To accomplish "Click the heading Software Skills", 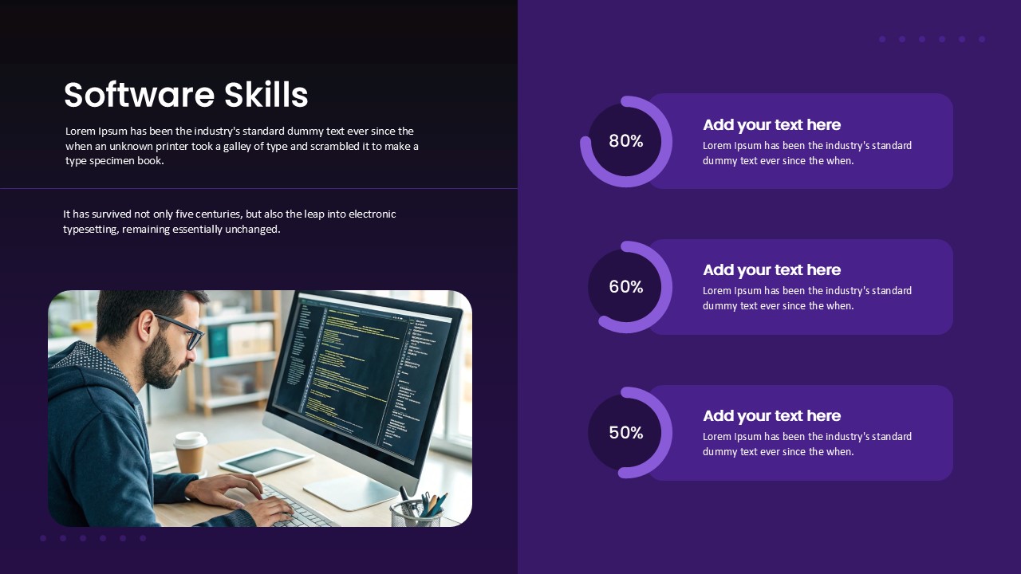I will [186, 96].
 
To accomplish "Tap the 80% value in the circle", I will [625, 141].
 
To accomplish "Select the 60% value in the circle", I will [625, 287].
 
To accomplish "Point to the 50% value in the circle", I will [625, 433].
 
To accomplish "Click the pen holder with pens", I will [416, 512].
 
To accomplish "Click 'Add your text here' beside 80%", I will [771, 125].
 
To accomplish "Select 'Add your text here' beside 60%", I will [771, 270].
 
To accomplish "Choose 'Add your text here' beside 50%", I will [771, 416].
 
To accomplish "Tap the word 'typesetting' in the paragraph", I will [90, 230].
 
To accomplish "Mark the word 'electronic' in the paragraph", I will [372, 214].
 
